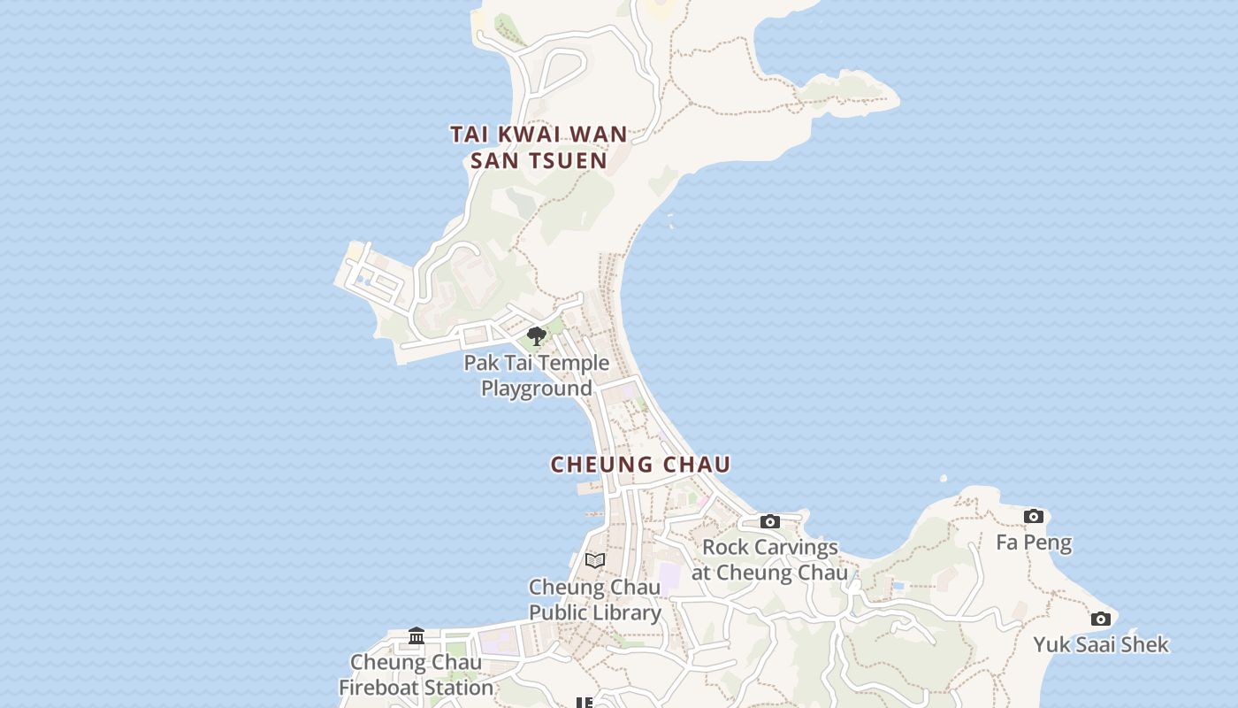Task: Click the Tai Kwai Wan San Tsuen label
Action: [539, 147]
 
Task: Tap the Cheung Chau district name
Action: [640, 465]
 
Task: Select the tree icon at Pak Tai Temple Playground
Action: [536, 336]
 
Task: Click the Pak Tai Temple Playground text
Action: [537, 375]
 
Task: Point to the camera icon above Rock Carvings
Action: [770, 521]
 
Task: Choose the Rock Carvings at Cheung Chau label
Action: [769, 559]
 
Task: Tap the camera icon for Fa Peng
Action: [1033, 516]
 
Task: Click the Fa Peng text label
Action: [1034, 543]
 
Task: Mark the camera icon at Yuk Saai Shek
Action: [1100, 619]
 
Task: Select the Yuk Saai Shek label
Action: [1101, 644]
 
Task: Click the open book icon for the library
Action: [595, 560]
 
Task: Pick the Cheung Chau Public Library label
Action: [595, 599]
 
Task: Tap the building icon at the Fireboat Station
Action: [416, 635]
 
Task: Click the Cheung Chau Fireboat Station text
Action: [416, 674]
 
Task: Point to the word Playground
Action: [537, 389]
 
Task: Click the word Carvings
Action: [794, 547]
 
